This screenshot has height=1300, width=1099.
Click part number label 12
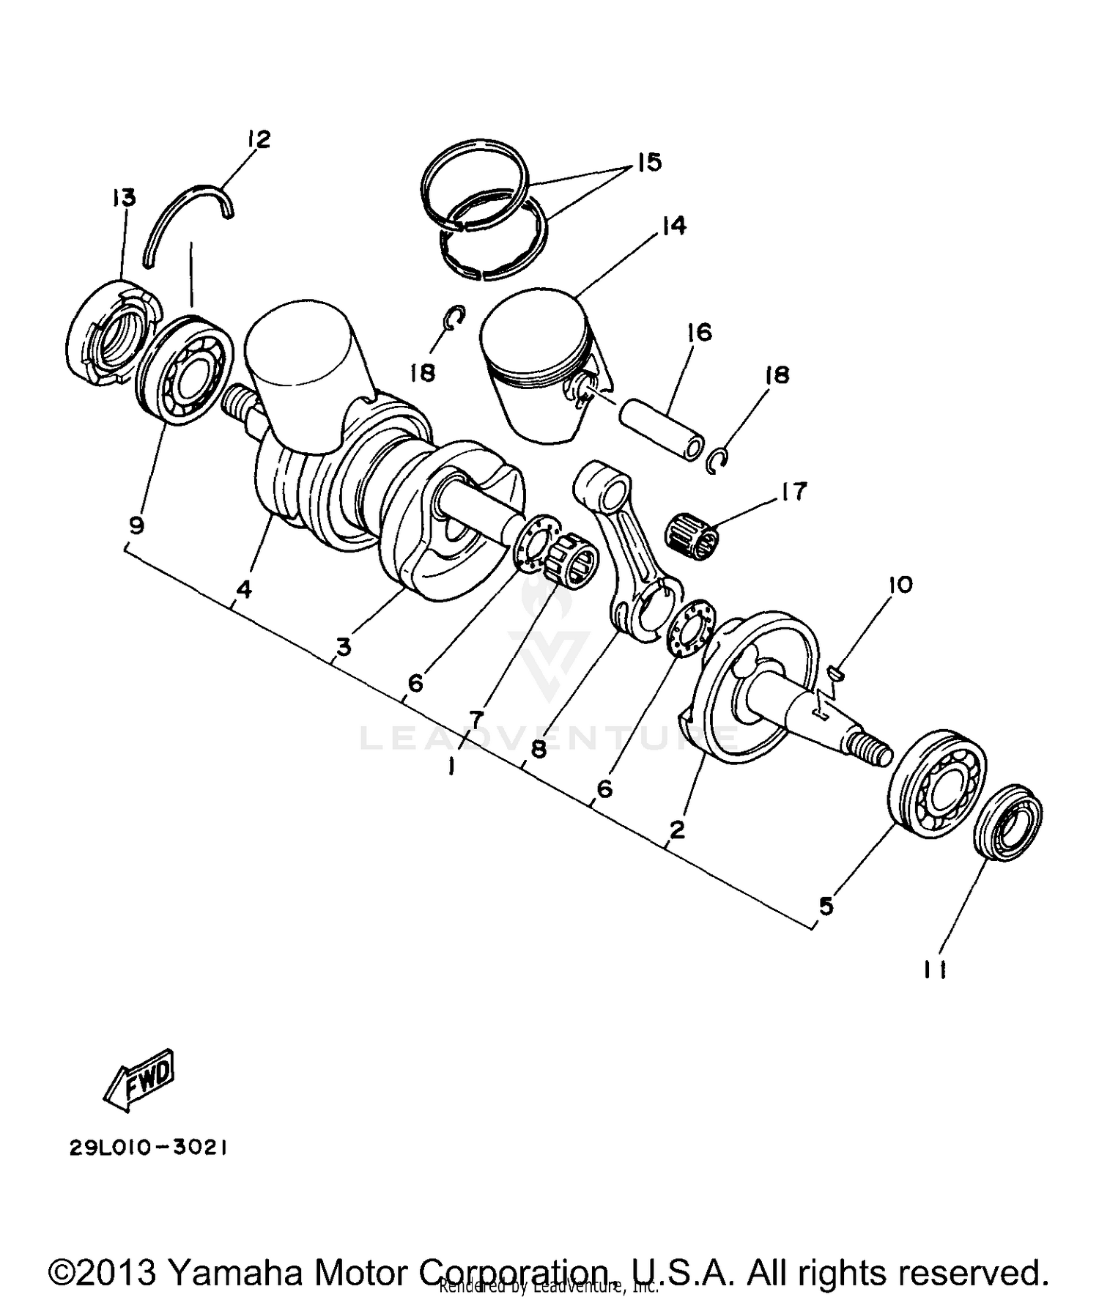pyautogui.click(x=259, y=139)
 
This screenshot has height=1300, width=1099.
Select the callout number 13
pyautogui.click(x=124, y=197)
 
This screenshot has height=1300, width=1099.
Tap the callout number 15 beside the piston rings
pyautogui.click(x=648, y=162)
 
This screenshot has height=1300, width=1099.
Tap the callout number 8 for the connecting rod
pyautogui.click(x=539, y=750)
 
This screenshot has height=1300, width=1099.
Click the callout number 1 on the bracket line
pyautogui.click(x=451, y=766)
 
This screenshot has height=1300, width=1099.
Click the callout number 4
pyautogui.click(x=244, y=588)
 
